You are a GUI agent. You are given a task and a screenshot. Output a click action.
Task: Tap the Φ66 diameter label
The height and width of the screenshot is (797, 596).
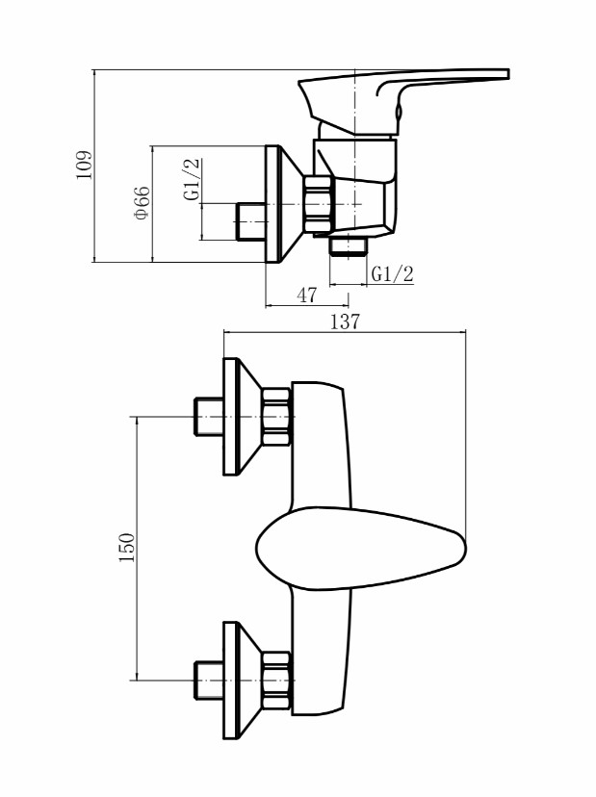[x=142, y=203]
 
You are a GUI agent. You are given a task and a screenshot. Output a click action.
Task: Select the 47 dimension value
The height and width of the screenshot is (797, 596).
[x=306, y=295]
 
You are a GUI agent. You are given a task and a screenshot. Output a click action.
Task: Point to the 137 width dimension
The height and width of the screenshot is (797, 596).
[x=346, y=321]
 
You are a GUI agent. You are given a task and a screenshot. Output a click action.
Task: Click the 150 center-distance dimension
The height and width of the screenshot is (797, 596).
[x=127, y=547]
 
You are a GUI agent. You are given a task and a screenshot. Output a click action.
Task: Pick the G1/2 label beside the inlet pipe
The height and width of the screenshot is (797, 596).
[x=192, y=180]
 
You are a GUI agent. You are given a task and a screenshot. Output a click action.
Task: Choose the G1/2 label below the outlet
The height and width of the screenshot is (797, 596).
[x=393, y=274]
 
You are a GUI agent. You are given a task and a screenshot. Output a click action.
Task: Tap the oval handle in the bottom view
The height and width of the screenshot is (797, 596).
[x=360, y=548]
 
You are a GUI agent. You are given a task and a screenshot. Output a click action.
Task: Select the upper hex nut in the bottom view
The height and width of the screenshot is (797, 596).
[x=276, y=417]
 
